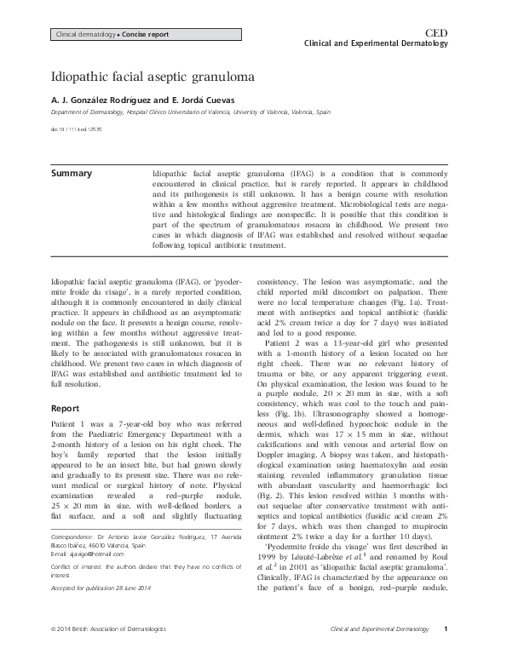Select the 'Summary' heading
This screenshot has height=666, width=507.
coord(72,174)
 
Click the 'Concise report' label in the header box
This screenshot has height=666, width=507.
coord(145,34)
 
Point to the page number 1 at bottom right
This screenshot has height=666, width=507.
coord(457,651)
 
